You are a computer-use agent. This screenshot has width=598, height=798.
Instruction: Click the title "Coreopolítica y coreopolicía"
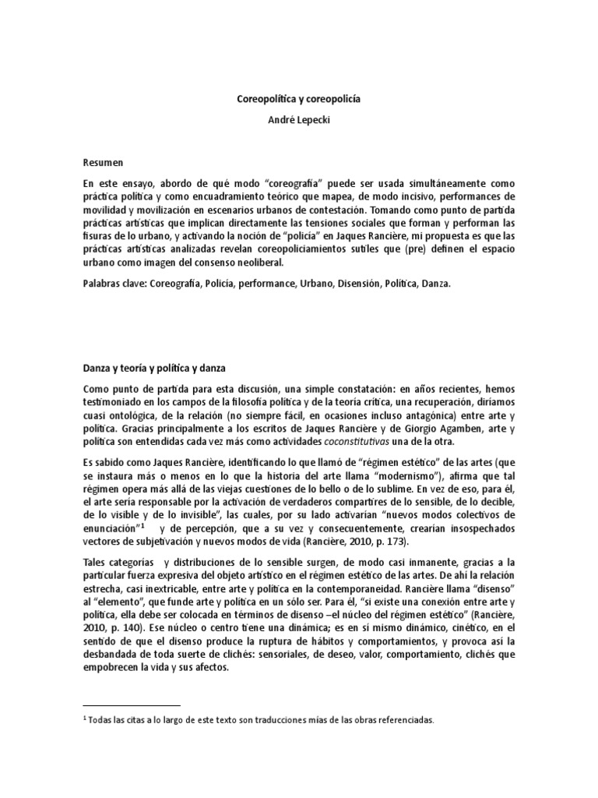coord(298,100)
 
